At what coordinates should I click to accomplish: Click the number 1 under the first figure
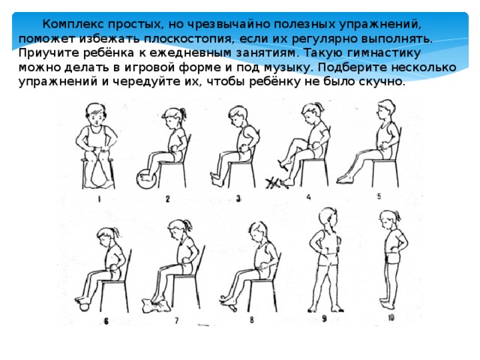[x=99, y=199]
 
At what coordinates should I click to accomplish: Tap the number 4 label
[x=309, y=196]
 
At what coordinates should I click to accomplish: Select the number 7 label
[x=176, y=320]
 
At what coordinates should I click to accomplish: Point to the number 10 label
[x=391, y=318]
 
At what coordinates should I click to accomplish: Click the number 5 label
[x=379, y=196]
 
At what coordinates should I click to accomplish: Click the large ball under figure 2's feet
[x=145, y=181]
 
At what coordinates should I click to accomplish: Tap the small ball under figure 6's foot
[x=82, y=303]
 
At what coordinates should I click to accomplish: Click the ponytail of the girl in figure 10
[x=380, y=220]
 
